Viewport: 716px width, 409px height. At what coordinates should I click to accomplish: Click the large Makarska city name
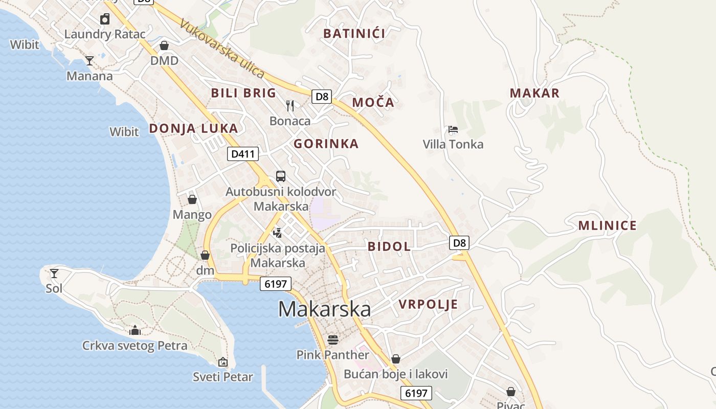324,309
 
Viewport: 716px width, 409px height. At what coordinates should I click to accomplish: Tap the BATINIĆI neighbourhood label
354,34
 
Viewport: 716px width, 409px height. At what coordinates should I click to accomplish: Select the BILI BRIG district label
243,93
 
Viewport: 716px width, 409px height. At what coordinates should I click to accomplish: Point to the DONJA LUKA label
193,128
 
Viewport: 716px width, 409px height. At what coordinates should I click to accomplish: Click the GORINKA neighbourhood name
326,144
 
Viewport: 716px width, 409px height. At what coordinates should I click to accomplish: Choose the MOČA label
373,102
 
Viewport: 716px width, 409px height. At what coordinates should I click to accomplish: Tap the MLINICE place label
607,225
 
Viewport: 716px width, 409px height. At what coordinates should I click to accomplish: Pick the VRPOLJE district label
428,305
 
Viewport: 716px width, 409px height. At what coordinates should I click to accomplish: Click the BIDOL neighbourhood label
389,246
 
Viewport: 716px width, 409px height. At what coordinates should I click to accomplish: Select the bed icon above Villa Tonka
453,129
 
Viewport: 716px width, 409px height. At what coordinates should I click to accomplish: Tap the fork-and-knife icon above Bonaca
290,106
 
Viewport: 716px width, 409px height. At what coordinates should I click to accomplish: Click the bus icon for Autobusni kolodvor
281,176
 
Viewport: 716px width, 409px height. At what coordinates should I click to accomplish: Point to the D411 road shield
243,154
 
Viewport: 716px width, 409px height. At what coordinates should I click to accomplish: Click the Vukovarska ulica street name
222,50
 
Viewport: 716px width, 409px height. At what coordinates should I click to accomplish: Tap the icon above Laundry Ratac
105,19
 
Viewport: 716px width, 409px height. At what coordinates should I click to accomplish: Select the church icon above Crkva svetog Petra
135,330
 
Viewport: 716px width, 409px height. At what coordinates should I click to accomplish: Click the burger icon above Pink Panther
333,339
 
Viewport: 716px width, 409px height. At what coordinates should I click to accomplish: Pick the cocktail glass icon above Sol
54,273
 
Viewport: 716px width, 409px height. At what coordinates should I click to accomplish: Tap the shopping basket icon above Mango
192,199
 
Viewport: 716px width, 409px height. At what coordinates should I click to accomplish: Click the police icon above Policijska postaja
278,233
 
